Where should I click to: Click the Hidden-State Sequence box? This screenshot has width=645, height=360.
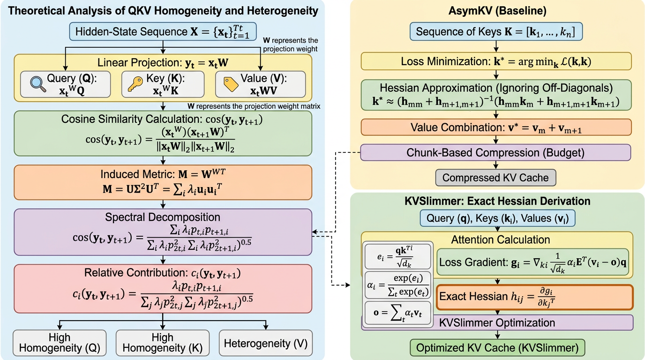coord(163,32)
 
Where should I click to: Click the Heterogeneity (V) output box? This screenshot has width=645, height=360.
coord(266,343)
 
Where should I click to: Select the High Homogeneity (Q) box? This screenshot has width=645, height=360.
coord(59,343)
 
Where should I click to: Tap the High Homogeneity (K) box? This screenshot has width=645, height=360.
coord(162,343)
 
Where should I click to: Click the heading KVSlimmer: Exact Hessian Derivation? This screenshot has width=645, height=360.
coord(498,201)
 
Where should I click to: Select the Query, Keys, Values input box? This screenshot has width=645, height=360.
coord(498,219)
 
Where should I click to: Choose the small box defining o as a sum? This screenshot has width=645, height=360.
coord(398,314)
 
